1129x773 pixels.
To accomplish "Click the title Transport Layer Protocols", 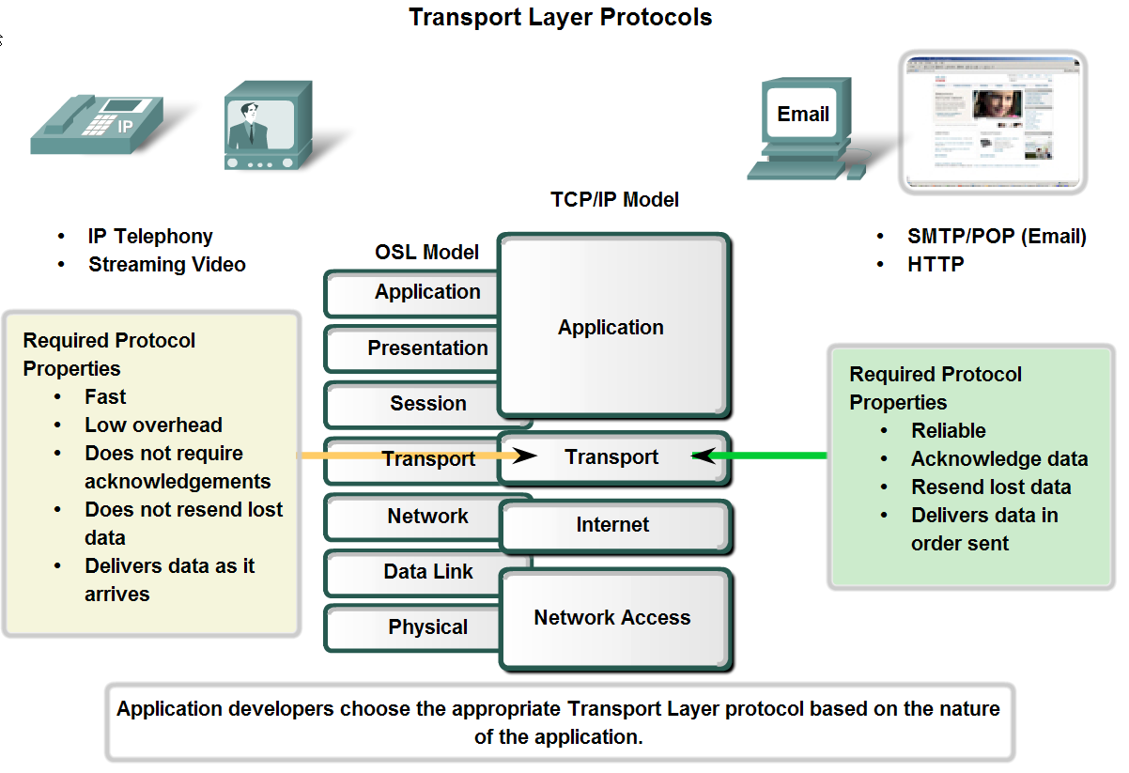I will [560, 17].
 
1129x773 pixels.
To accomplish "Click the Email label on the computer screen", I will [803, 115].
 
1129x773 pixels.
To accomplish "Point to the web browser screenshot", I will [992, 121].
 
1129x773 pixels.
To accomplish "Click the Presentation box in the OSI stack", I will [413, 348].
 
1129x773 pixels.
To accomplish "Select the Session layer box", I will [413, 404].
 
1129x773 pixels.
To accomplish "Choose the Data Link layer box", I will [413, 572].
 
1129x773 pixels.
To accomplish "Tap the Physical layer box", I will [413, 627].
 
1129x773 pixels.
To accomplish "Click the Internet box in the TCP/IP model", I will [613, 525].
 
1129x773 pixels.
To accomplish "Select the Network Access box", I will [613, 618].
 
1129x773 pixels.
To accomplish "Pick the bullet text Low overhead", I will [153, 425].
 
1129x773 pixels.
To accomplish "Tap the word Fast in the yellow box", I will [105, 397].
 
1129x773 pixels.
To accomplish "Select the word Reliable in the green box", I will [949, 431].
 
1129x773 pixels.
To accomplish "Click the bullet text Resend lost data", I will [991, 487].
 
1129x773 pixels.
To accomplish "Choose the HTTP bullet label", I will [936, 265].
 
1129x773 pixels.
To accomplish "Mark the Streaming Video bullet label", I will [167, 265].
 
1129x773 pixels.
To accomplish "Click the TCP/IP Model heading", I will [614, 200].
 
